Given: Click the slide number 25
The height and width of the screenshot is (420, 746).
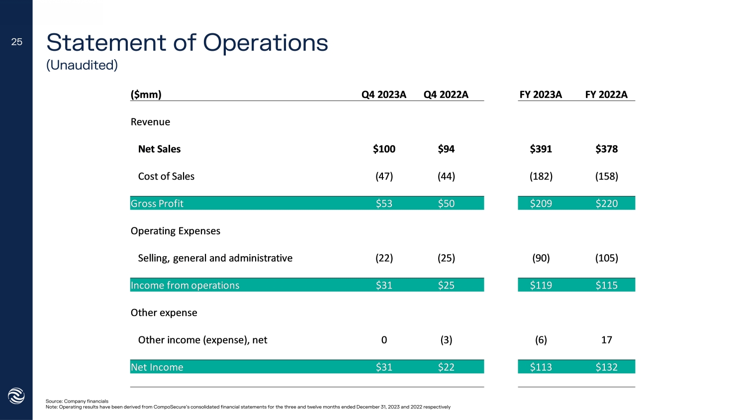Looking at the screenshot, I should [17, 42].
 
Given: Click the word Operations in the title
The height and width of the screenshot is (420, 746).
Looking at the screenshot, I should [266, 43].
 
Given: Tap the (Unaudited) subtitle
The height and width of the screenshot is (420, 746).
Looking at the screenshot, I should [82, 65].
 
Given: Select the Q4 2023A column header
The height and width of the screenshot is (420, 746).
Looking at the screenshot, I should [383, 95].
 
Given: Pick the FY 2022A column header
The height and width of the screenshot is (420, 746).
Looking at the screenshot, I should [606, 95].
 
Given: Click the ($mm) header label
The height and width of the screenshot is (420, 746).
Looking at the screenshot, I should [146, 95].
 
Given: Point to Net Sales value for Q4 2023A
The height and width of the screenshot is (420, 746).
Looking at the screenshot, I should [384, 149].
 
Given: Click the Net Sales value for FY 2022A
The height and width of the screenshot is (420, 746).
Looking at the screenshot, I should [606, 149].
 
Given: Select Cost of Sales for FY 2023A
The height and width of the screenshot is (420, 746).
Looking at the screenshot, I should [541, 176].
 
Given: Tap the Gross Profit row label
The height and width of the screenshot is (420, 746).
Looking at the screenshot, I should [157, 204].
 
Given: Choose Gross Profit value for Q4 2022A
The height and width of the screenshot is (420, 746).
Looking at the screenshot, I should [446, 204].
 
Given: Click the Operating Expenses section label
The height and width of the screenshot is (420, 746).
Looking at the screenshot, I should [175, 231].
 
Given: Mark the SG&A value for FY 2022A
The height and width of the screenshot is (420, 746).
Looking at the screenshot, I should [606, 258].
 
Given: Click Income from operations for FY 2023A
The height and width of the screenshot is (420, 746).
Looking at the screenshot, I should [541, 285].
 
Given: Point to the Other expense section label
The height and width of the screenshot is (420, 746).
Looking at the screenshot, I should [164, 313].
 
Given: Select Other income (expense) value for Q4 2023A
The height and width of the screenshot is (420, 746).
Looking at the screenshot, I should [384, 340].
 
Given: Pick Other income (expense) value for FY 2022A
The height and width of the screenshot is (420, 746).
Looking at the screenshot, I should [606, 340].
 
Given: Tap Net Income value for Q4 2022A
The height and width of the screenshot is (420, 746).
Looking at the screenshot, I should [446, 367].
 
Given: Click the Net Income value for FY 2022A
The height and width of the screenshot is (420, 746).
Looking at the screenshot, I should [606, 367].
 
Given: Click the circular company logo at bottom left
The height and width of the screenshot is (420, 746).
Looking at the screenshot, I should [16, 396].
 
